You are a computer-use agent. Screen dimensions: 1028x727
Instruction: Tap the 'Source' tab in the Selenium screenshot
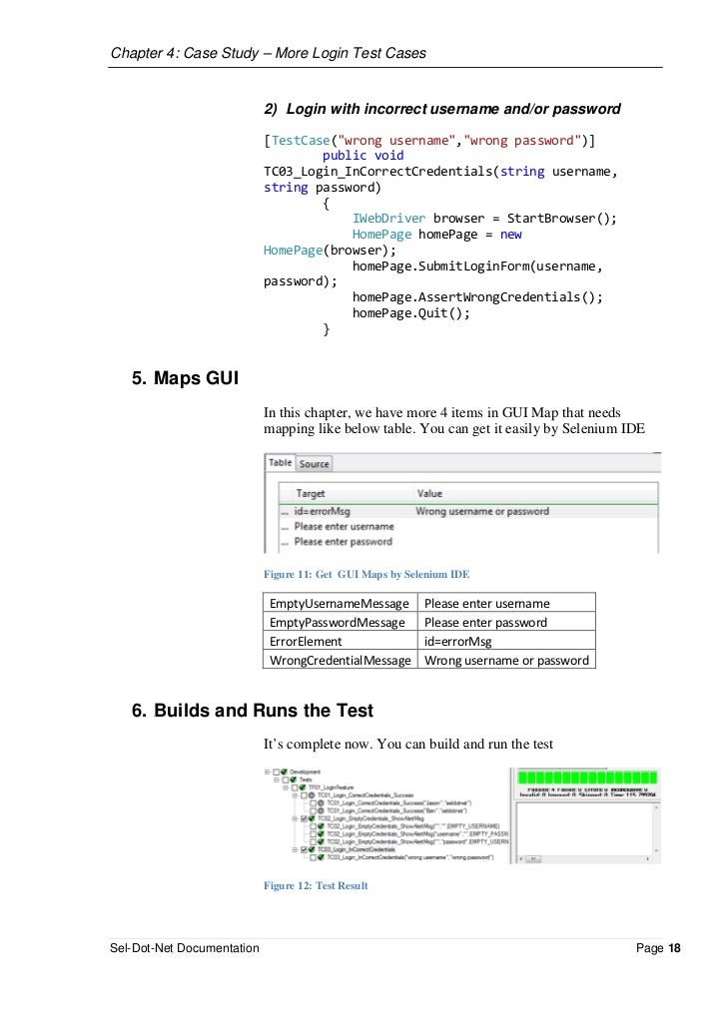tap(314, 464)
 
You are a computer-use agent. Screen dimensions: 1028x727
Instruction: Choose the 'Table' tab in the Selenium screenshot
tap(280, 463)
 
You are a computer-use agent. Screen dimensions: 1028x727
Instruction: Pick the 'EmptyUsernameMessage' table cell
tap(339, 604)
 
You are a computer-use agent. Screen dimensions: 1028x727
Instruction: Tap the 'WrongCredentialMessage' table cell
tap(341, 660)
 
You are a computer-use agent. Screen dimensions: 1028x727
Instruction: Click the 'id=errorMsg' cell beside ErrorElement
tap(457, 642)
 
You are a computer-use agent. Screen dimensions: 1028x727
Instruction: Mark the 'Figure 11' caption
tap(365, 575)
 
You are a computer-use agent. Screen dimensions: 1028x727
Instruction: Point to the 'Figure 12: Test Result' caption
tap(316, 885)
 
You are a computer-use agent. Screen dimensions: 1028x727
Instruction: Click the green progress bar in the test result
tap(585, 777)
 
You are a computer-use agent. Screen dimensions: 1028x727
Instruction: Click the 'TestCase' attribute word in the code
tap(299, 139)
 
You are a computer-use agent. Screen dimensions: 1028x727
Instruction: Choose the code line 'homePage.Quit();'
tap(410, 312)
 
